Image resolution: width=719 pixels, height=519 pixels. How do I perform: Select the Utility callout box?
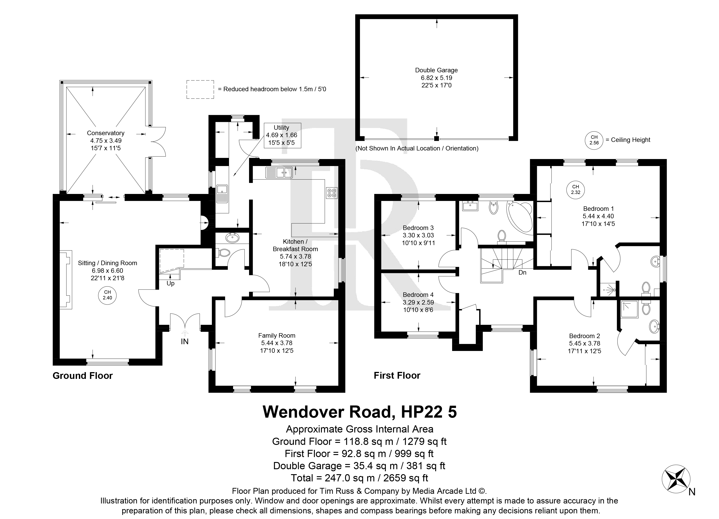pos(282,135)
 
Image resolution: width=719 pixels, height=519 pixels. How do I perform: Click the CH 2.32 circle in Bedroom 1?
pos(575,190)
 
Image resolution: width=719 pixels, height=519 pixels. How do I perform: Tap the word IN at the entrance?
pos(185,341)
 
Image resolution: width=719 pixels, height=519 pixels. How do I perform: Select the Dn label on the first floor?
pos(522,273)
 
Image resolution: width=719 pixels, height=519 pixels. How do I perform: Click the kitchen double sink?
pos(279,173)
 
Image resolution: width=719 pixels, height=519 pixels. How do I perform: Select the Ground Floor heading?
pos(83,376)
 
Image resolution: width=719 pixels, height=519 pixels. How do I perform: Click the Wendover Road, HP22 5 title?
pos(360,412)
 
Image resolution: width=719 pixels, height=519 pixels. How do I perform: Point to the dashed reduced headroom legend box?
pos(200,89)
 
